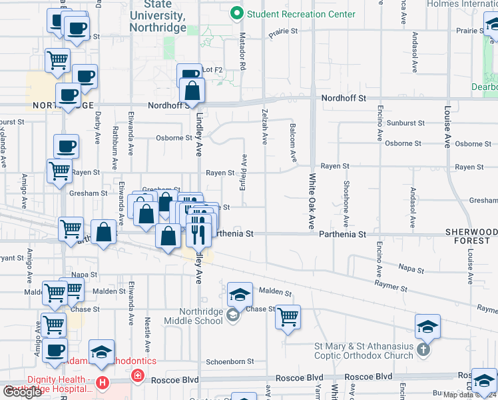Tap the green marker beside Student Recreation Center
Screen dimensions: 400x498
tap(235, 13)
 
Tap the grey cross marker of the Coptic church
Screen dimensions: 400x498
tap(422, 349)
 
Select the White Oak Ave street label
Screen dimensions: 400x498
tap(311, 201)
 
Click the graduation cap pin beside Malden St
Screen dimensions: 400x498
tap(240, 294)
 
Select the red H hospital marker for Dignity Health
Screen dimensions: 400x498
tap(102, 383)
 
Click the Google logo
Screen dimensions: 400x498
tap(22, 391)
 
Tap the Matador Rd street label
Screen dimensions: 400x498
tap(242, 55)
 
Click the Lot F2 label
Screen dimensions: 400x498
tap(212, 70)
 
